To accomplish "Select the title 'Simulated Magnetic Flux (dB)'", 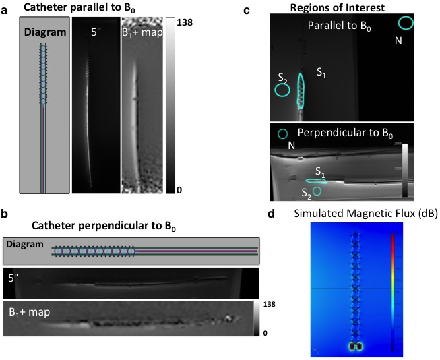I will pyautogui.click(x=356, y=214).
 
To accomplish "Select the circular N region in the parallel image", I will pyautogui.click(x=406, y=24).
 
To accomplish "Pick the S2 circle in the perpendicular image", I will pyautogui.click(x=317, y=191).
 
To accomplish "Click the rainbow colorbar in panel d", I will pyautogui.click(x=392, y=291).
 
